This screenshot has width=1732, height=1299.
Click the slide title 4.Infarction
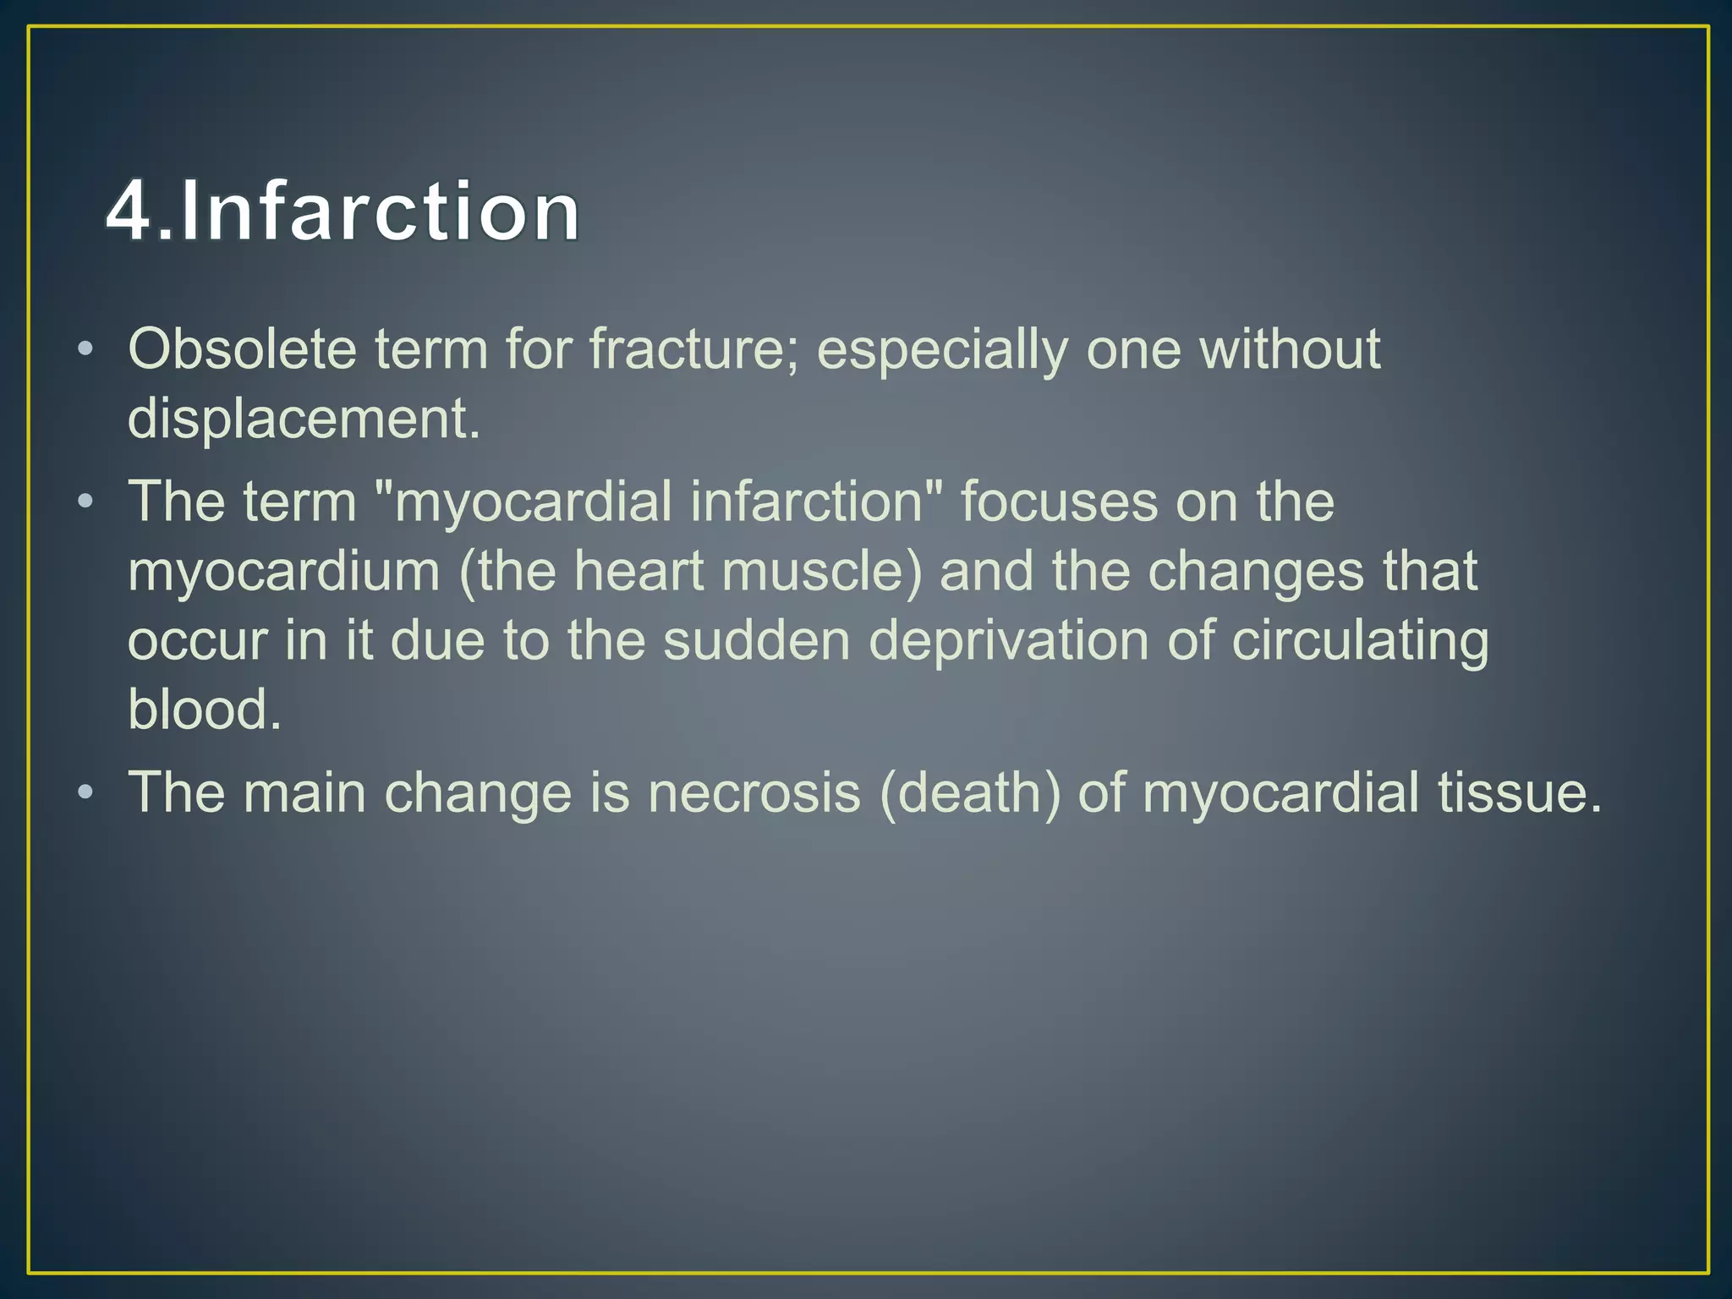(343, 211)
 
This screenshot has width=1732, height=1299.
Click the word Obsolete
(242, 348)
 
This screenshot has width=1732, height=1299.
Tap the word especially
(942, 350)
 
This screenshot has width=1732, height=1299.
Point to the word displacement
(304, 418)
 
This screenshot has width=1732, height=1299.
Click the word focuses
(1058, 501)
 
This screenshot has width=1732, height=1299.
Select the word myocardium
(284, 572)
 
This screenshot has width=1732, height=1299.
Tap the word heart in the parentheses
(639, 570)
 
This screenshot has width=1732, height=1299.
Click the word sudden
(756, 639)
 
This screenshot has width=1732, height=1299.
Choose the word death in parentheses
(970, 792)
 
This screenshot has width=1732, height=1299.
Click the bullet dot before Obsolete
(85, 349)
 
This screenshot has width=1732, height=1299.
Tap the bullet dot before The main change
(85, 793)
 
